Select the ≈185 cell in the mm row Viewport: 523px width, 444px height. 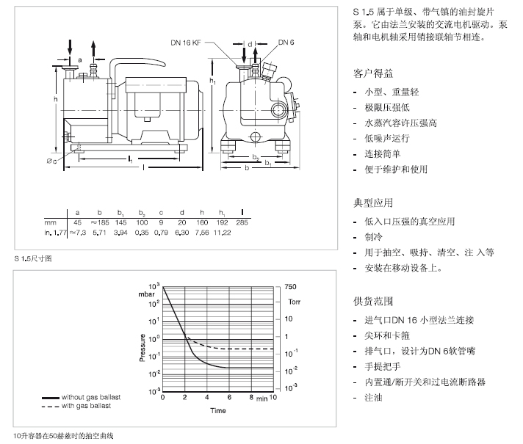click(100, 222)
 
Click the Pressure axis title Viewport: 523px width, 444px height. click(143, 347)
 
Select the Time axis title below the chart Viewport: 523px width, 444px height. click(218, 410)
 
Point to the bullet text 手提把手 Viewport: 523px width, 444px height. click(382, 367)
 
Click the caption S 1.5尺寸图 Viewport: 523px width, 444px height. click(33, 258)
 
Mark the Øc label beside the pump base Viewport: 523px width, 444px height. click(51, 161)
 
